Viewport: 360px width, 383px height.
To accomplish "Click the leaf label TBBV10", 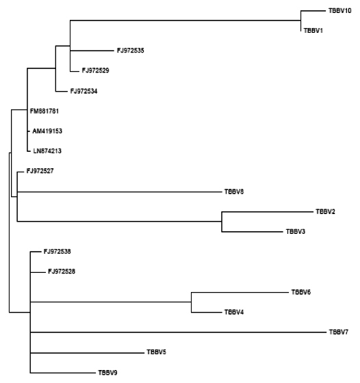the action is click(340, 11).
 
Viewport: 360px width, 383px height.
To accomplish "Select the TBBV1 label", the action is click(313, 31).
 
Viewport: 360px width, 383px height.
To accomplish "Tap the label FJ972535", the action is click(131, 51).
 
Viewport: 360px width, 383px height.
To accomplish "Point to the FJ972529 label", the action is click(96, 70).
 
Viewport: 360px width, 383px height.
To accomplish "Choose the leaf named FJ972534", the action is click(83, 91).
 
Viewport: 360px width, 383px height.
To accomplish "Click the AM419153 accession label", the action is click(47, 131).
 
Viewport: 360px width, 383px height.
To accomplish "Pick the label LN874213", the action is click(47, 151).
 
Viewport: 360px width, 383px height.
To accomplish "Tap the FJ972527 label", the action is click(40, 171).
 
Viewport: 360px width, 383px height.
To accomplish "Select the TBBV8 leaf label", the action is click(234, 191).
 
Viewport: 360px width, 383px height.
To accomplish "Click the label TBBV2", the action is click(325, 211).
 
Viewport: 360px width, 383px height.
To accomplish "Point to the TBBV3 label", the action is click(296, 232).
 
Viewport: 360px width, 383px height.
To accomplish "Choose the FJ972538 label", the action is click(57, 252).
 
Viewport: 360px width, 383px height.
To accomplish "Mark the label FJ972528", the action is click(62, 272).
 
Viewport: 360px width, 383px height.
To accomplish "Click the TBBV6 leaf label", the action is click(301, 292).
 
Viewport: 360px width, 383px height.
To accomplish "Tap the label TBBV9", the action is click(107, 373).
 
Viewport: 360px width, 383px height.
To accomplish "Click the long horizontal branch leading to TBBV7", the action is click(178, 332).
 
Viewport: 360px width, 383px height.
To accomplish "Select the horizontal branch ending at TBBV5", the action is click(87, 353).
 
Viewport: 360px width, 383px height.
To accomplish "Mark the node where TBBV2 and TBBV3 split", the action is click(222, 222).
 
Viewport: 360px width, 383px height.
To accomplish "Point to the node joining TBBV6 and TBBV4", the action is click(191, 302).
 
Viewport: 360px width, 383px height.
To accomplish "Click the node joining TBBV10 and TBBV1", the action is click(300, 21).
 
